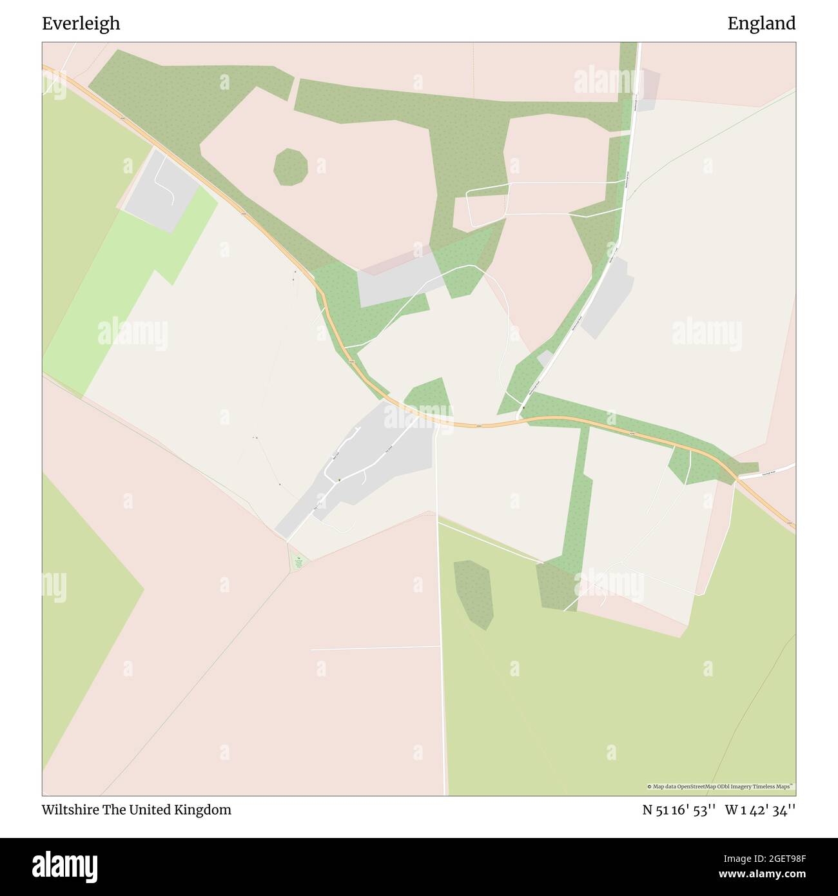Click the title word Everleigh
tap(81, 24)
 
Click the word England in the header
tap(761, 24)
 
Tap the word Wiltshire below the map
tap(70, 810)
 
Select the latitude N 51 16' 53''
tap(679, 810)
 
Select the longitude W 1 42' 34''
tap(760, 810)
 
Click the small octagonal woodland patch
tap(290, 167)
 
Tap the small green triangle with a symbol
tap(298, 562)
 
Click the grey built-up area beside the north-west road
tap(161, 190)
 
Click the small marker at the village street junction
tap(338, 480)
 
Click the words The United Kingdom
tap(166, 810)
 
